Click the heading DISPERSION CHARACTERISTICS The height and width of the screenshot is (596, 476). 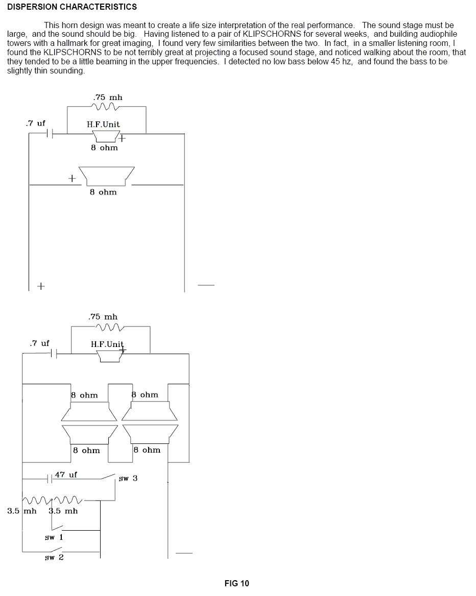(72, 7)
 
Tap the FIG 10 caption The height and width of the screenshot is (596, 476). (236, 583)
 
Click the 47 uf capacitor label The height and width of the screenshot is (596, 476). (66, 475)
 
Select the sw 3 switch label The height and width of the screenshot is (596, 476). (128, 479)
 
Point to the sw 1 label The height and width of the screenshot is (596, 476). (54, 537)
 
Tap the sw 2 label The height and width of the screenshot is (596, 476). (54, 557)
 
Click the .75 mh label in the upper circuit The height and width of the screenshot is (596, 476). (108, 97)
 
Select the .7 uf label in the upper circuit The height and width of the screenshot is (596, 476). (35, 123)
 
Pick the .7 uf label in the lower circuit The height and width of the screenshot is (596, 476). (40, 343)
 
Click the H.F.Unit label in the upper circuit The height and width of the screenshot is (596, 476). (103, 124)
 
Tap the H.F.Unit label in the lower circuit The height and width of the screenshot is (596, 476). (107, 344)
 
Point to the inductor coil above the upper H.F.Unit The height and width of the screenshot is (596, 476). (105, 107)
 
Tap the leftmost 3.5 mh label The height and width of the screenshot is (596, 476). (22, 511)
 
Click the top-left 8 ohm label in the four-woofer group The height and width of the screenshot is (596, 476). (84, 395)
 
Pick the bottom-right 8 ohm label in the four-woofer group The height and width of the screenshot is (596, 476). (147, 450)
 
